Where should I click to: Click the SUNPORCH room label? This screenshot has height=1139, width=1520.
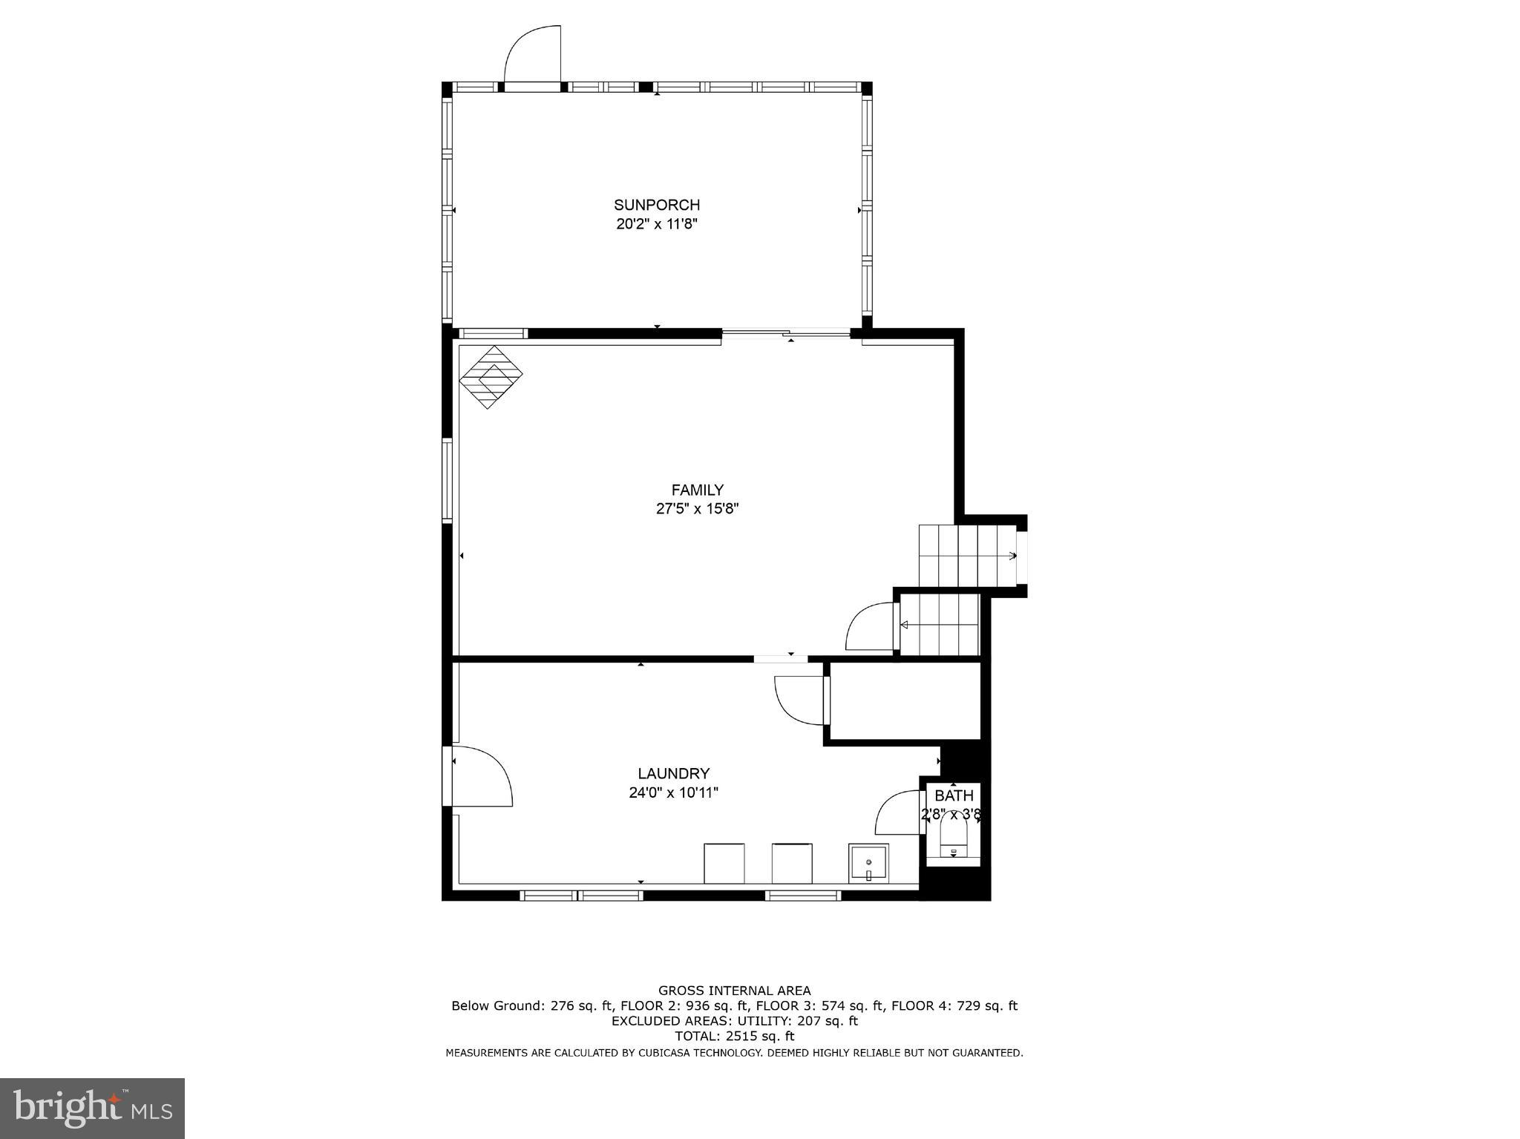tap(656, 205)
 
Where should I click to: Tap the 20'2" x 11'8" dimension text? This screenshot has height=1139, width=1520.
tap(656, 224)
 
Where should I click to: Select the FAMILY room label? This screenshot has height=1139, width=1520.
tap(697, 490)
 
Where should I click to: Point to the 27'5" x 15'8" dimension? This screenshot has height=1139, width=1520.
tap(697, 509)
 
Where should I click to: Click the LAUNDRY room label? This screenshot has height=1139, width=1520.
tap(673, 773)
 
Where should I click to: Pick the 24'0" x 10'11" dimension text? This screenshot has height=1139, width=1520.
tap(673, 792)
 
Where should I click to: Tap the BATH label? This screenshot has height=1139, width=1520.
tap(954, 796)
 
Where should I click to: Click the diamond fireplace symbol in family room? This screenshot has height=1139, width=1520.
tap(491, 377)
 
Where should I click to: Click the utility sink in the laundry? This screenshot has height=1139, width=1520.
tap(868, 864)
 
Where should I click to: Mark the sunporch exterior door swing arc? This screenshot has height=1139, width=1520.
tap(529, 55)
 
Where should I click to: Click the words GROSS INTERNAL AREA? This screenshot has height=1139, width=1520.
tap(734, 991)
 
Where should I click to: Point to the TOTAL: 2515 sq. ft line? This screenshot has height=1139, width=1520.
tap(734, 1037)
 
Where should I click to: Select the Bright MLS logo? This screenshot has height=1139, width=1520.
tap(92, 1109)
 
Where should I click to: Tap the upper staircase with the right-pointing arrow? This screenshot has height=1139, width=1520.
tap(966, 555)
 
